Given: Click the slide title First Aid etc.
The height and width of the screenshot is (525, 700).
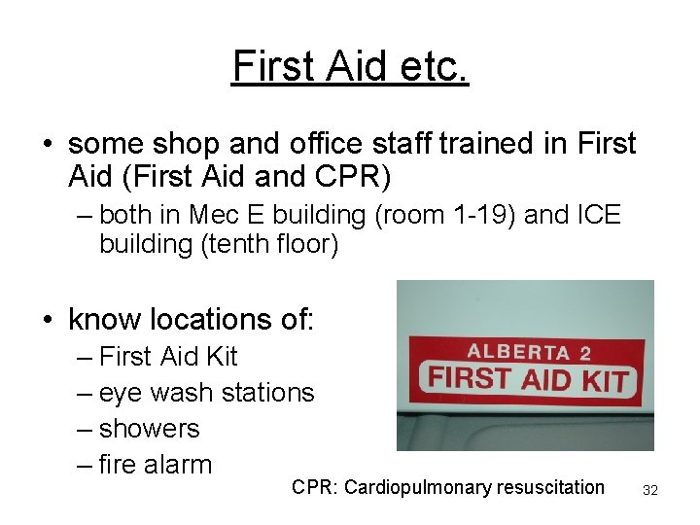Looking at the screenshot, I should point(350,66).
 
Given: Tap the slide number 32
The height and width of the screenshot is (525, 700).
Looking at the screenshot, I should point(650,491).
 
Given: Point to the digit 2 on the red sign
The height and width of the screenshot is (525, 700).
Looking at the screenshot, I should point(584,354).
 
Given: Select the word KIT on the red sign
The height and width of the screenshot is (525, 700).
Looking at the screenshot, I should point(604,380).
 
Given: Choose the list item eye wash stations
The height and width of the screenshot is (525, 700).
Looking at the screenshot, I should point(206,393).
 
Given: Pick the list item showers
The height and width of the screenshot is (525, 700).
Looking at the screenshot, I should point(149,429).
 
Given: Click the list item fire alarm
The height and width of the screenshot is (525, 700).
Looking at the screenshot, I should point(155,465).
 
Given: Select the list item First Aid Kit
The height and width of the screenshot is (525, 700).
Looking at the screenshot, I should point(168,357).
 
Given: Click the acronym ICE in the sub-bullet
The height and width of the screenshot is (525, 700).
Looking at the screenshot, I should point(597,214).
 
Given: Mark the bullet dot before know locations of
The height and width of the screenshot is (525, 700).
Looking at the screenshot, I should point(47,319).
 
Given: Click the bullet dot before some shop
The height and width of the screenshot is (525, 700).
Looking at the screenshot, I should point(47,145).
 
